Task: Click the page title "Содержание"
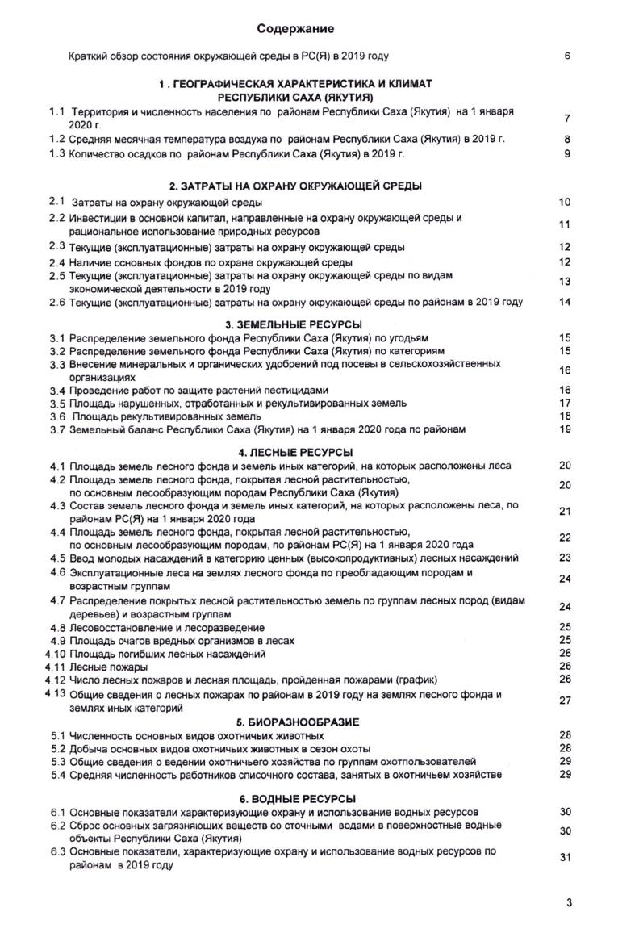295,30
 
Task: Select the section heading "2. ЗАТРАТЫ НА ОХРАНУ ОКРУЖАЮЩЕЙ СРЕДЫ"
295,186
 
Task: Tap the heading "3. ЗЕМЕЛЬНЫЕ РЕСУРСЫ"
295,324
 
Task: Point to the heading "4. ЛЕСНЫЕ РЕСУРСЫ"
295,452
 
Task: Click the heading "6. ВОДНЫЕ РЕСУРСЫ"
296,798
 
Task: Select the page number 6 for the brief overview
568,57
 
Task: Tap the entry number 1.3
56,153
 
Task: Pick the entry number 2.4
56,262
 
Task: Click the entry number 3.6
56,416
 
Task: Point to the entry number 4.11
55,667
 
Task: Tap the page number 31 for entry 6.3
565,857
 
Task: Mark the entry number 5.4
56,775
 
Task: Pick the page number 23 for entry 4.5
565,558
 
